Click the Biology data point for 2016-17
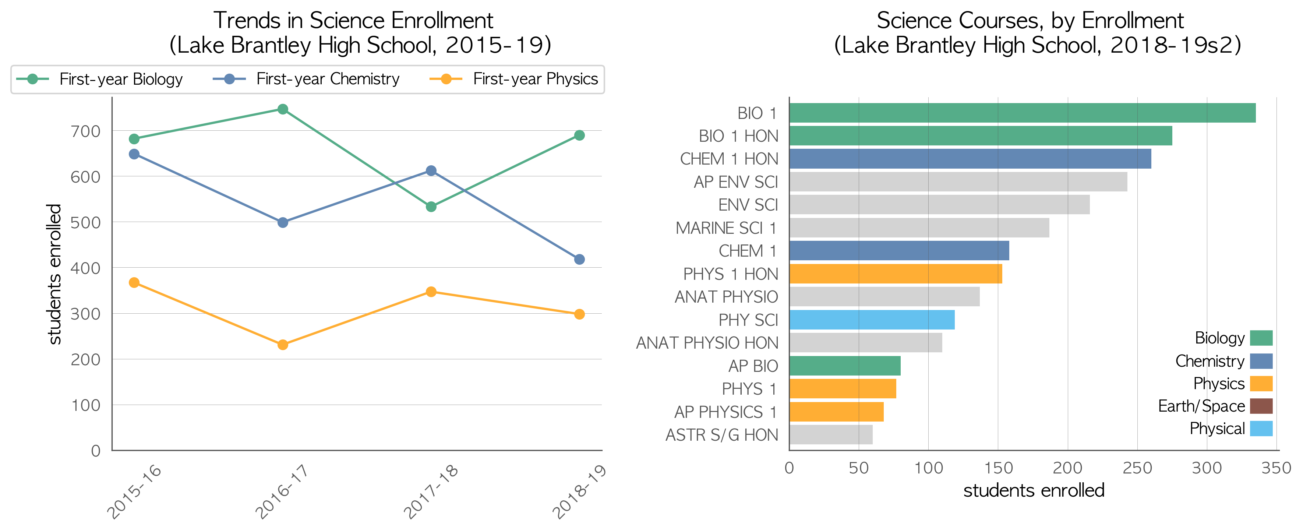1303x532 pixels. (x=283, y=109)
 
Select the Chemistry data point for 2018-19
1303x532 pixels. (x=580, y=260)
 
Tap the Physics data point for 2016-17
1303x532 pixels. (x=283, y=345)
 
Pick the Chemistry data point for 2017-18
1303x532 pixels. (x=431, y=171)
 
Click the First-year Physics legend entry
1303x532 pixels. (x=513, y=80)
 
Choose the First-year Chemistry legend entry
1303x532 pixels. (x=306, y=80)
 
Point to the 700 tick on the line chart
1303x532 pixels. (x=85, y=131)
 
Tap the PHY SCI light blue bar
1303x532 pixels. (x=872, y=320)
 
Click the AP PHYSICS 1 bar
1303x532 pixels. (x=837, y=412)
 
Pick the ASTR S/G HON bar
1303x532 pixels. (x=831, y=435)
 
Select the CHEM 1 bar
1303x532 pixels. (x=899, y=251)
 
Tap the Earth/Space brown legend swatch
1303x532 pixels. (x=1261, y=406)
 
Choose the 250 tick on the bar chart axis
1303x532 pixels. (x=1137, y=468)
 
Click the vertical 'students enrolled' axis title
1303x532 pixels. (x=54, y=274)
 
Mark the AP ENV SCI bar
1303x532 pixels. (x=958, y=182)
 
